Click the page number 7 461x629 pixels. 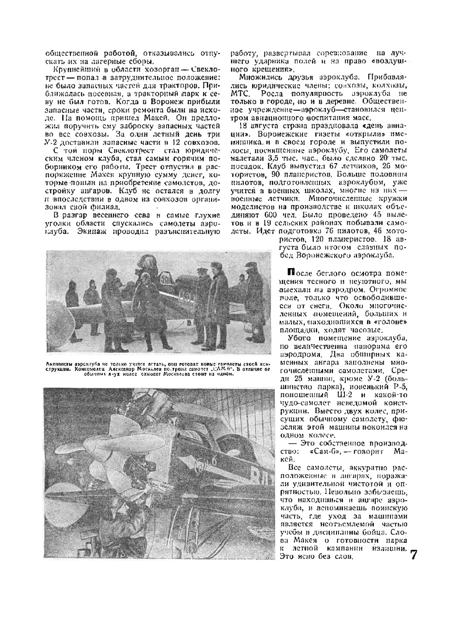pyautogui.click(x=414, y=554)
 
